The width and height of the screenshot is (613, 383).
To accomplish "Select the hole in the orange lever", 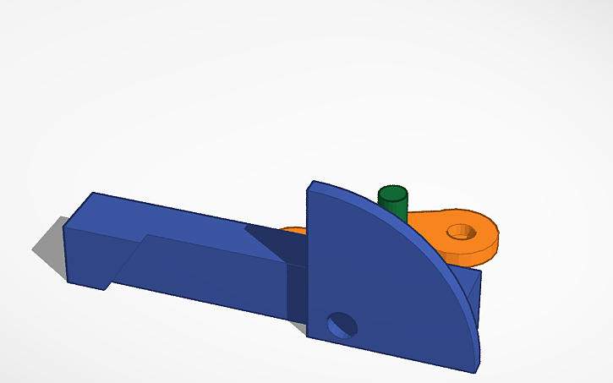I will coord(461,230).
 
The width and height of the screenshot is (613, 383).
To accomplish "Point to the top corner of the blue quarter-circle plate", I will coord(313,183).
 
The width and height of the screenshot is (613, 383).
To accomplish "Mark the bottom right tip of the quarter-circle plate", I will coord(476,369).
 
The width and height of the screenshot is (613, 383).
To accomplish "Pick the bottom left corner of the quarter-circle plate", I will coord(308,335).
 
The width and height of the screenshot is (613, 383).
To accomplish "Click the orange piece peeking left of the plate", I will coord(292,229).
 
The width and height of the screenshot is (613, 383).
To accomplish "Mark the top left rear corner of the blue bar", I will coord(94,194).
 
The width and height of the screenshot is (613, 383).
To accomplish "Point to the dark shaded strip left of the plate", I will coord(296,292).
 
